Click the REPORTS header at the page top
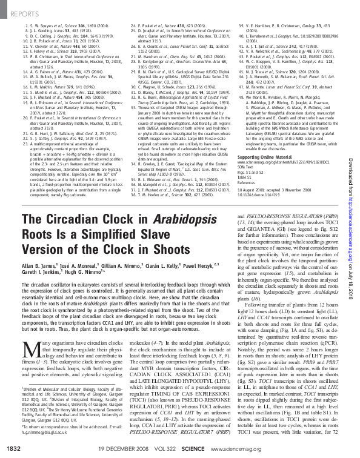pos(22,10)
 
